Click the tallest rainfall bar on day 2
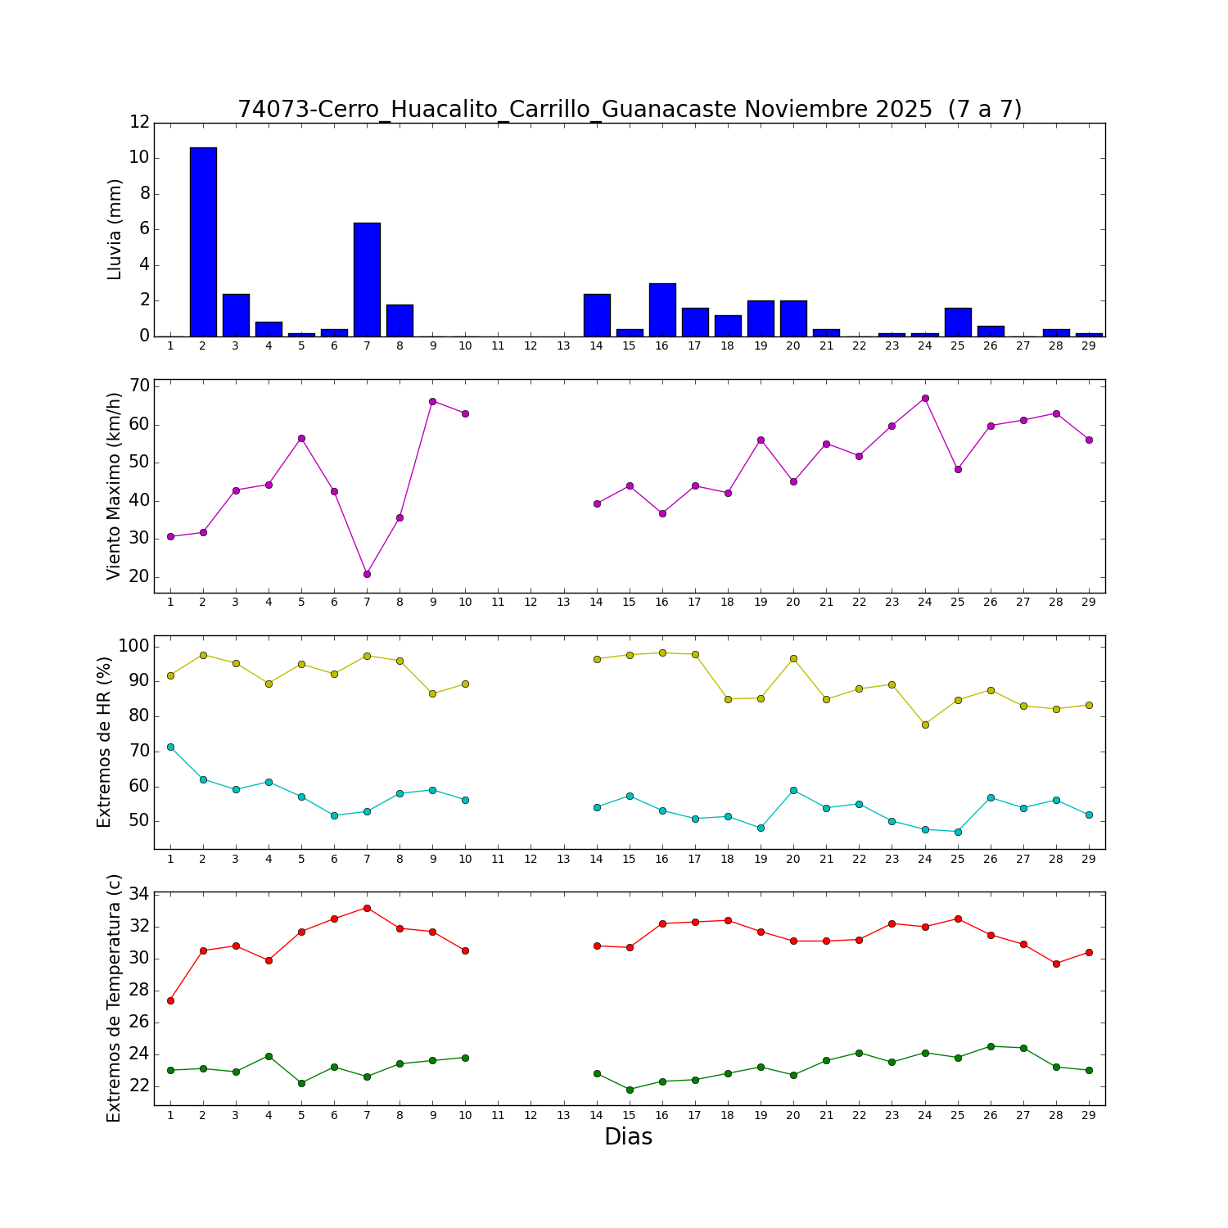[203, 242]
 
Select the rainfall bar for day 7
[367, 279]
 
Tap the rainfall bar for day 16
[662, 309]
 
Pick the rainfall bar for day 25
[958, 322]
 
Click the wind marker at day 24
[925, 398]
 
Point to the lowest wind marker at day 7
[367, 574]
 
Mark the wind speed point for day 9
[432, 401]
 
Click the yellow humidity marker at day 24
[925, 725]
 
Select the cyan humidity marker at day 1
[170, 747]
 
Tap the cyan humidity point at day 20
[793, 790]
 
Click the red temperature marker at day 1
[170, 1000]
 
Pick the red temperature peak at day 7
[367, 908]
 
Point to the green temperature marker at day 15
[630, 1090]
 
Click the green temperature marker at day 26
[991, 1046]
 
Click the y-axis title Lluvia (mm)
[115, 229]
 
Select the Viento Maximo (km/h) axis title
[114, 486]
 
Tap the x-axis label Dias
[628, 1137]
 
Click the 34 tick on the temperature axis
[139, 894]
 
